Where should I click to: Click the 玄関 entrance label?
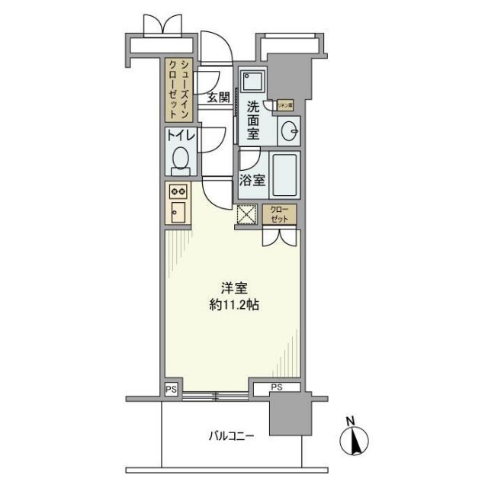point(218,97)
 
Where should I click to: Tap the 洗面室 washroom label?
point(253,120)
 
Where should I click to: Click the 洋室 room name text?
point(233,289)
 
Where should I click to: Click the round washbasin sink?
point(290,131)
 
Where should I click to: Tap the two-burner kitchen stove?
point(178,191)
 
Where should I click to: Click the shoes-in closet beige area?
point(180,90)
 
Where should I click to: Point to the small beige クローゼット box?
point(281,215)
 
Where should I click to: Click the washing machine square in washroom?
point(252,81)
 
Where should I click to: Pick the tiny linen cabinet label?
point(286,106)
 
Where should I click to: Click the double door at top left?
point(160,24)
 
